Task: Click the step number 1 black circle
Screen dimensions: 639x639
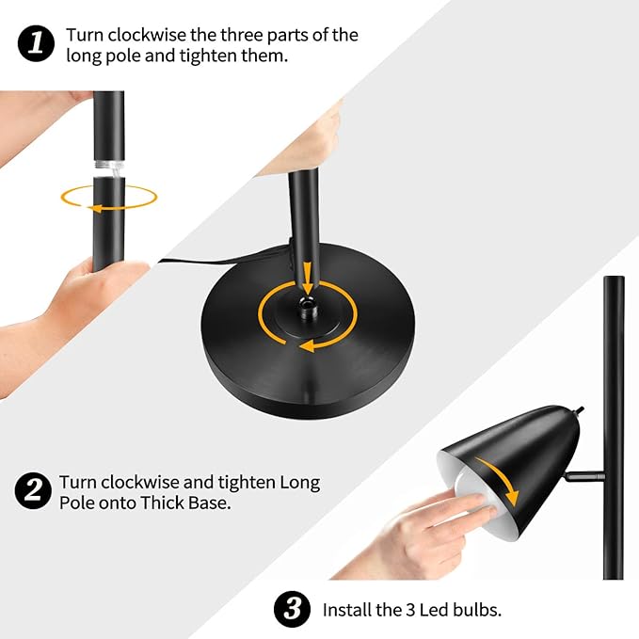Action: [x=36, y=43]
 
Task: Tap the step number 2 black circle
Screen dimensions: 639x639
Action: [x=33, y=490]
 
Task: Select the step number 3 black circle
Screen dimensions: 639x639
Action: [x=292, y=609]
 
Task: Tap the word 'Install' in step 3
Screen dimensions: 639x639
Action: [x=346, y=610]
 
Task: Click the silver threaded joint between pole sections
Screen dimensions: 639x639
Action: [x=109, y=168]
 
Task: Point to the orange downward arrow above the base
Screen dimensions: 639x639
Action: [x=308, y=278]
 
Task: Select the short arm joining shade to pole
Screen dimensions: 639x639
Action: [x=584, y=475]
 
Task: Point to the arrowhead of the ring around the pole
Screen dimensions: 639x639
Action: [x=94, y=209]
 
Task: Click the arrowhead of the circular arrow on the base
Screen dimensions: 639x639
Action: [x=307, y=347]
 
